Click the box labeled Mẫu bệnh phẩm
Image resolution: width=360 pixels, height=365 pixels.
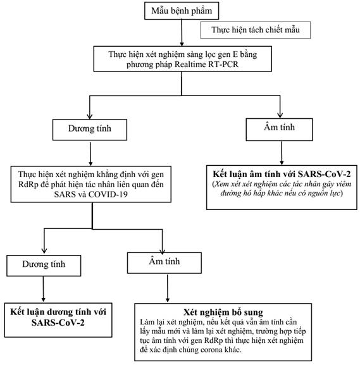[182, 11]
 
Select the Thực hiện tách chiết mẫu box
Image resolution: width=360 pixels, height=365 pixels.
[256, 30]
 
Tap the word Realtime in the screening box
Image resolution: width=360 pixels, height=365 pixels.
[190, 65]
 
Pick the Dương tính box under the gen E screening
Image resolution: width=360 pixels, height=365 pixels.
[90, 130]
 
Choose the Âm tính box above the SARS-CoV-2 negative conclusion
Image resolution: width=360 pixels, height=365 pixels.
[279, 130]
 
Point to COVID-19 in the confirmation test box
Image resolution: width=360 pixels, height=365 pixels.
[108, 194]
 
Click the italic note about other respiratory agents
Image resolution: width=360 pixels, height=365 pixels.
[282, 189]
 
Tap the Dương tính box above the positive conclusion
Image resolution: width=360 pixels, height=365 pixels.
[44, 266]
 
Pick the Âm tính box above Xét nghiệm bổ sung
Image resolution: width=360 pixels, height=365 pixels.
[164, 263]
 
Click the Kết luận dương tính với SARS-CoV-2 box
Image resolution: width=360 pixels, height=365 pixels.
[58, 320]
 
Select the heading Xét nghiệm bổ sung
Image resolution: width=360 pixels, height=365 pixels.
[223, 312]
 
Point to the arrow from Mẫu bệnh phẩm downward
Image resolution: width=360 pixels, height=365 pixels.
[182, 33]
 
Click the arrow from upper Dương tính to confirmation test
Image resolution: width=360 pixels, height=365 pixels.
[90, 154]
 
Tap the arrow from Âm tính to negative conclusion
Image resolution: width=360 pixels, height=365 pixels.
[282, 153]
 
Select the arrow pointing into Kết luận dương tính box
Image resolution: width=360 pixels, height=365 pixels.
[43, 289]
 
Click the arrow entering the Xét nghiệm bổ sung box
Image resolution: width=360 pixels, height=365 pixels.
[168, 288]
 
